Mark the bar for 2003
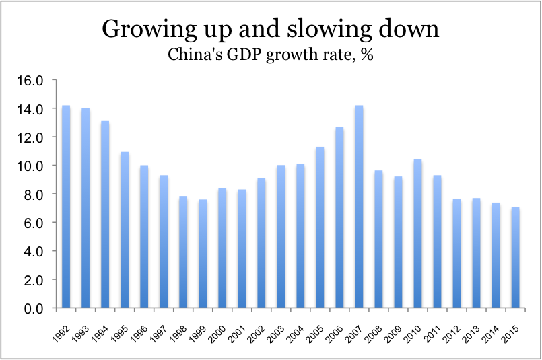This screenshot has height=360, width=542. point(281,236)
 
